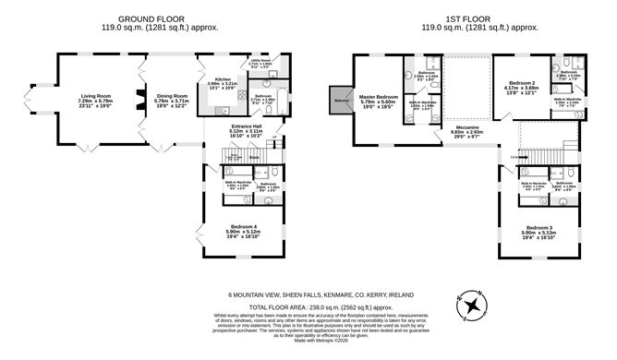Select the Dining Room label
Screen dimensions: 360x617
[x=172, y=96]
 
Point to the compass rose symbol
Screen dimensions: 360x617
[x=472, y=304]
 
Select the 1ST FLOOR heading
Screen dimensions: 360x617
[x=466, y=18]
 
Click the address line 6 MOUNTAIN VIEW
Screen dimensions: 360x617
[x=308, y=295]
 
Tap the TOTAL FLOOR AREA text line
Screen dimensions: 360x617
[x=308, y=306]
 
